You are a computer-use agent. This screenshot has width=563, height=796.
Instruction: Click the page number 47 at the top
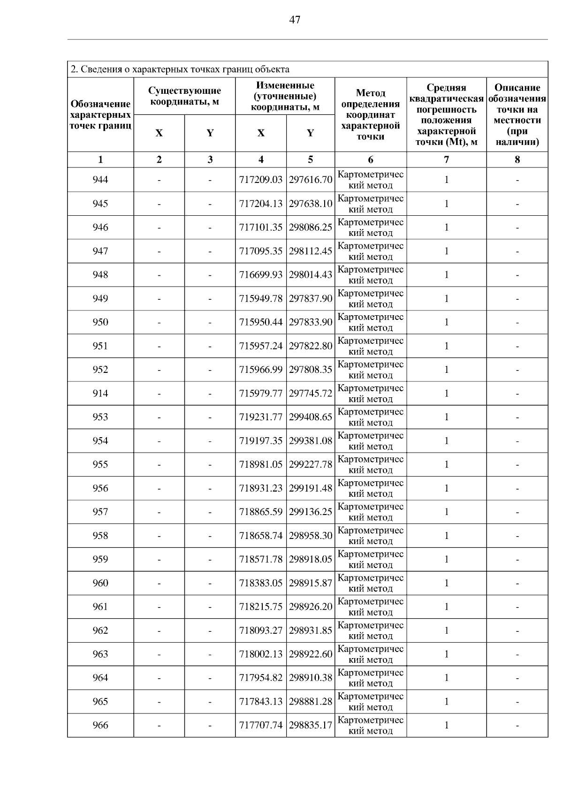[295, 20]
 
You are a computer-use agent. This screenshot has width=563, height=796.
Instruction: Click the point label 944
[100, 180]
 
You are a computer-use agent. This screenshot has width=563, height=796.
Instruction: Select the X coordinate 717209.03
[261, 180]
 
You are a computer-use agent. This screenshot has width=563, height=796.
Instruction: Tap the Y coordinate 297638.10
[311, 204]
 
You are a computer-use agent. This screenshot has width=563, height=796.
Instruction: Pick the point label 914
[100, 393]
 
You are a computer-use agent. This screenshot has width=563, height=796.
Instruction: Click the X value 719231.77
[261, 417]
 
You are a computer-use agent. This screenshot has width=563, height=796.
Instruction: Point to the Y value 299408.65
[311, 417]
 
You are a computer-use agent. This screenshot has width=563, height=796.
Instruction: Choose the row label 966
[100, 725]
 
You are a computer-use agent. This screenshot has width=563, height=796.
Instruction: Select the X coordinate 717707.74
[261, 725]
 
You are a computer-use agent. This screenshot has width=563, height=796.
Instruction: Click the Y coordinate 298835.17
[311, 725]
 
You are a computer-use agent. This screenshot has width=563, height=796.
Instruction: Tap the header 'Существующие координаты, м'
[184, 96]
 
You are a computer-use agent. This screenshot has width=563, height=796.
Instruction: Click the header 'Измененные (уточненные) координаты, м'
[285, 96]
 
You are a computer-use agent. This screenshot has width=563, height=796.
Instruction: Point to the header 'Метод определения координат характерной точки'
[371, 115]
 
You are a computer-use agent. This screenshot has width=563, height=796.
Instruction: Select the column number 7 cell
[446, 159]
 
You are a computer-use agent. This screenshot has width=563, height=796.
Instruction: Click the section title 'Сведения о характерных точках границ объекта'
[180, 69]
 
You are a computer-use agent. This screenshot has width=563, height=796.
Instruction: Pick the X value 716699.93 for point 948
[261, 274]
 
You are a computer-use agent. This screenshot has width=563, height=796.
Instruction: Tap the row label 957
[100, 512]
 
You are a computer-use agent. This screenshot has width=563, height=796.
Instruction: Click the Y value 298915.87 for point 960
[311, 583]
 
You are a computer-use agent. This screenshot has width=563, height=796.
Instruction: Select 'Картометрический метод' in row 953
[371, 417]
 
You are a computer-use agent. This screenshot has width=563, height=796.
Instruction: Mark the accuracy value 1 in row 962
[446, 630]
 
